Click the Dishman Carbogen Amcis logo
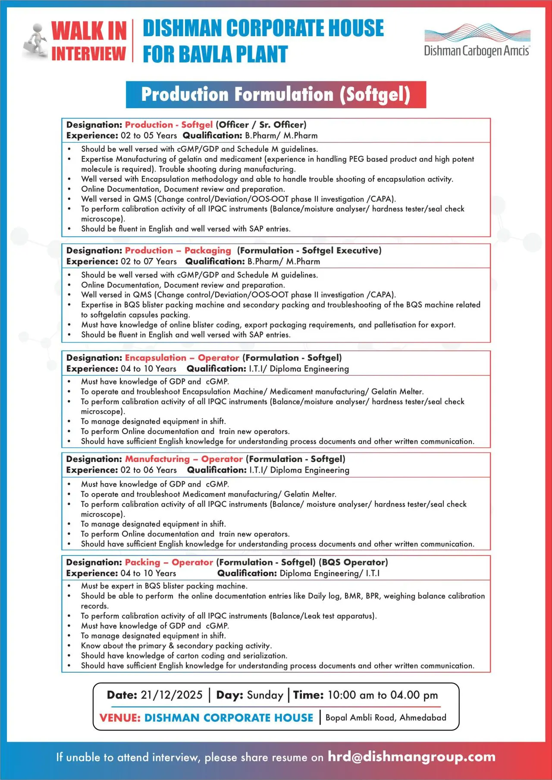click(x=477, y=41)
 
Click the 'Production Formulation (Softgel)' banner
click(x=276, y=95)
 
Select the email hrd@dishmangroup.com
click(x=411, y=757)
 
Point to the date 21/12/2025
click(x=172, y=695)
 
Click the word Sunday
click(x=265, y=695)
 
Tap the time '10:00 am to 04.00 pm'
click(x=383, y=695)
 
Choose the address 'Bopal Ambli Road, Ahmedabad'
click(x=386, y=718)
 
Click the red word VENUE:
click(x=120, y=718)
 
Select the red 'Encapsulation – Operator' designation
click(x=182, y=358)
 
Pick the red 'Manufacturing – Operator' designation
click(x=184, y=459)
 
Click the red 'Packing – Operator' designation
click(x=169, y=562)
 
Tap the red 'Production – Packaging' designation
click(x=178, y=250)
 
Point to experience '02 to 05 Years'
click(x=149, y=136)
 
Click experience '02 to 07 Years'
click(x=149, y=262)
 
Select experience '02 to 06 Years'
click(x=149, y=470)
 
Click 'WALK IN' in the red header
click(x=89, y=31)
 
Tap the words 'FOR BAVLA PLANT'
click(x=215, y=55)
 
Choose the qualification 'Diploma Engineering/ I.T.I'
click(x=329, y=574)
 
